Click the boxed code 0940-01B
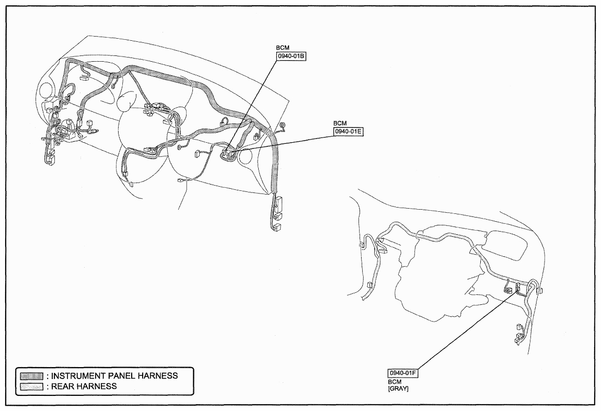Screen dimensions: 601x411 coord(291,57)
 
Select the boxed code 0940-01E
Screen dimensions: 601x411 coord(349,132)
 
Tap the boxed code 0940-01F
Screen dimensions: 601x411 coord(403,373)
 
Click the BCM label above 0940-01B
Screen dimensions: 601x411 coord(283,48)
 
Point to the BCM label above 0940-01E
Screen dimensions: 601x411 coord(340,123)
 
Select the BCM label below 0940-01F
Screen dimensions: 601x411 coord(395,382)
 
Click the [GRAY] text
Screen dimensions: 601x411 coord(398,389)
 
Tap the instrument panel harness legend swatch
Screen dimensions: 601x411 coord(31,376)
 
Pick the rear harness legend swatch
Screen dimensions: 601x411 coord(31,386)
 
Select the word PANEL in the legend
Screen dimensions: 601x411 coord(124,376)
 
